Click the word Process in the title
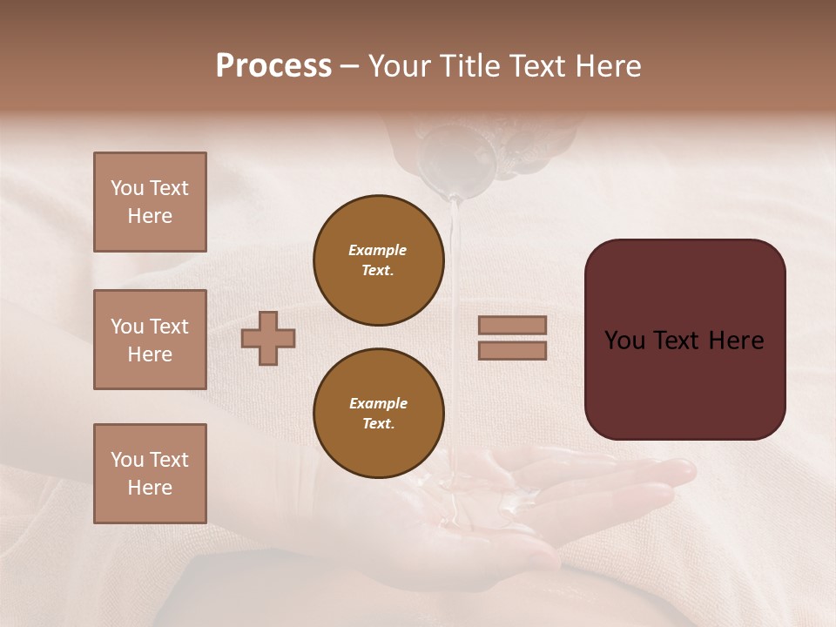[x=273, y=66]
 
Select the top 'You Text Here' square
[x=150, y=202]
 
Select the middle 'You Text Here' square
[x=150, y=340]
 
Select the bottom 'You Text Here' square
[x=150, y=473]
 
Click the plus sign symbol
[x=268, y=338]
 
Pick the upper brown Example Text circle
[x=379, y=260]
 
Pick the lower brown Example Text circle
[x=379, y=413]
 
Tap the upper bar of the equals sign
[x=512, y=325]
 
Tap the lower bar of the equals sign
[x=512, y=350]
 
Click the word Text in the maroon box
[x=684, y=340]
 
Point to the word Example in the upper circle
[x=377, y=250]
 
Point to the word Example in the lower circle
[x=378, y=403]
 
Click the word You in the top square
[x=127, y=188]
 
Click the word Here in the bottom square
[x=150, y=488]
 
